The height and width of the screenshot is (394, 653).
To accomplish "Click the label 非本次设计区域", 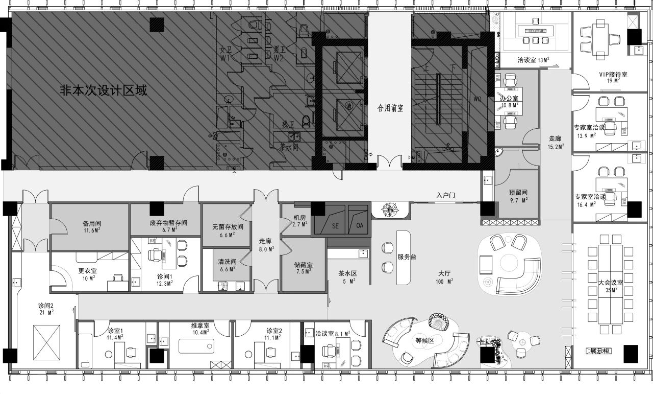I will click(104, 91).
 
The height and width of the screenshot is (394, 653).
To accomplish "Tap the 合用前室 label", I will click(390, 108).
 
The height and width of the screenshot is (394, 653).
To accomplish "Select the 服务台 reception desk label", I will click(407, 257).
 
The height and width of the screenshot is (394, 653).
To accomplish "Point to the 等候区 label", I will click(424, 340).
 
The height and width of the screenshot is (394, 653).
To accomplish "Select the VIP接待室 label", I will click(613, 74).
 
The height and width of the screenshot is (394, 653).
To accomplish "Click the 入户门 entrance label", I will click(445, 195).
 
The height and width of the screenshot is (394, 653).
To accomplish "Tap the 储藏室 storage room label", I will click(303, 265).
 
